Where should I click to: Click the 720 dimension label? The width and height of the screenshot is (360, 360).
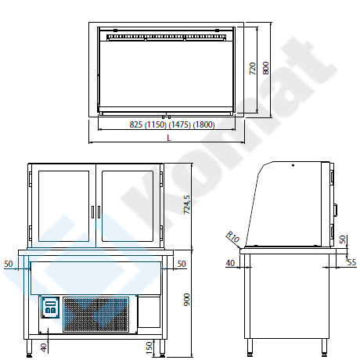(x=253, y=69)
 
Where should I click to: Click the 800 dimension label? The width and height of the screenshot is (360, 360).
(x=265, y=68)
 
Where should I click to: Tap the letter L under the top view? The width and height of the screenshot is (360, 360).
(x=169, y=138)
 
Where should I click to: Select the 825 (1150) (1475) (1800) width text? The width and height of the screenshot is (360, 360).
(x=172, y=124)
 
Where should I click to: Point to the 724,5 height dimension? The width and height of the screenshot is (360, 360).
(x=187, y=205)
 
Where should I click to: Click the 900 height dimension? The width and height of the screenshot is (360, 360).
(x=187, y=300)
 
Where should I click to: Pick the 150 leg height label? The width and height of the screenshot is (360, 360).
(x=149, y=347)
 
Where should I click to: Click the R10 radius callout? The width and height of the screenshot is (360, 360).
(x=232, y=236)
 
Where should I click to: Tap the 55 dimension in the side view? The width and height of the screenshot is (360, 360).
(x=352, y=262)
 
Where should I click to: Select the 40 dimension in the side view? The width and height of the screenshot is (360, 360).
(x=230, y=263)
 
